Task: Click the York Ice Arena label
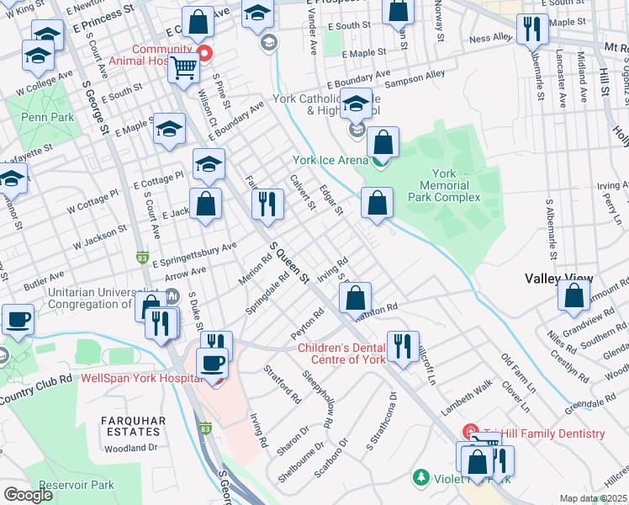330,160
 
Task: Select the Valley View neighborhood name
558,279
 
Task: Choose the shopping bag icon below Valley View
573,296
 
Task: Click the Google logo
28,495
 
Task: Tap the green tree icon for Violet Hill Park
421,477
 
